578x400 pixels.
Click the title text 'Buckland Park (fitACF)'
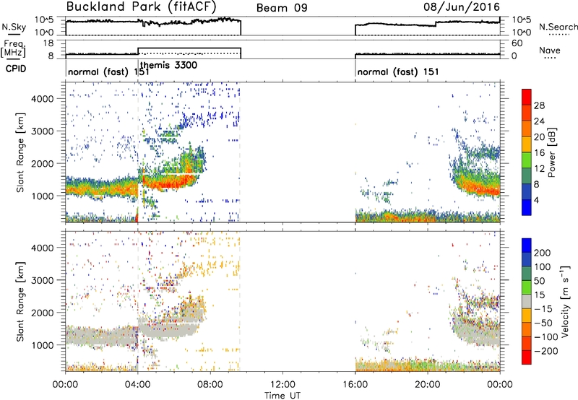coord(141,6)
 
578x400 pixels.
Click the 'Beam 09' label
coord(282,8)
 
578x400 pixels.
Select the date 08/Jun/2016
coord(462,6)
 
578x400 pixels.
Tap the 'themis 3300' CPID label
coord(169,65)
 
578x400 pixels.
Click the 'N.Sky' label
coord(14,27)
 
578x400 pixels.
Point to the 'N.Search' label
coord(558,27)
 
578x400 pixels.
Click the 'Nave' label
coord(550,50)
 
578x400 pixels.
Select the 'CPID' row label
coord(16,69)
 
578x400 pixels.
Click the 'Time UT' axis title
coord(282,396)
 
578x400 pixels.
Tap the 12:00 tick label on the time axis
coord(282,385)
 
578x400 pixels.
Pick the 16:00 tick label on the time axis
coord(355,385)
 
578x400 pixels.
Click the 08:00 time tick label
coord(210,385)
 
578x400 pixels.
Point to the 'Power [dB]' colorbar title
coord(552,152)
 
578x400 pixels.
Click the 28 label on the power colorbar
coord(539,105)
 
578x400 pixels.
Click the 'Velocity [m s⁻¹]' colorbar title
coord(566,301)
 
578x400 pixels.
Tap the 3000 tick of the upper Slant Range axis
coord(43,131)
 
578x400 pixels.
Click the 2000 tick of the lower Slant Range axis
coord(43,313)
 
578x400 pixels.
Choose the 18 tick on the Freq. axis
coord(48,43)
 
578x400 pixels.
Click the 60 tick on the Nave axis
coord(517,43)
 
